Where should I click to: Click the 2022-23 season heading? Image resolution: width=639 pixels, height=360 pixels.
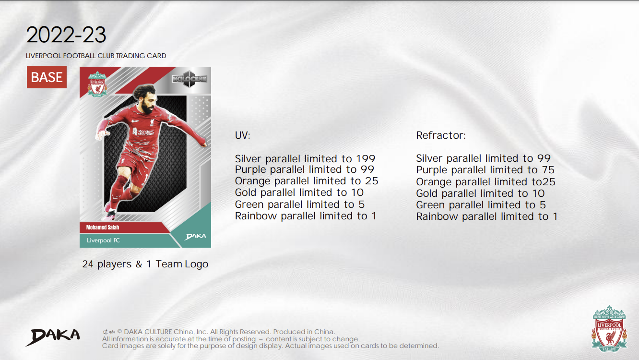pos(66,35)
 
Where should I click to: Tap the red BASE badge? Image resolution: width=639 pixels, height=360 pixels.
pos(47,77)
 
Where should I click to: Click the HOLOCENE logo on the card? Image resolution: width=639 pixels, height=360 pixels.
pos(189,79)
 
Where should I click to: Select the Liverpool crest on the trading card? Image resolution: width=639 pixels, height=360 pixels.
pos(97,84)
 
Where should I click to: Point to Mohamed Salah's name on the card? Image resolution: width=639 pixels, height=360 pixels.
pos(103,228)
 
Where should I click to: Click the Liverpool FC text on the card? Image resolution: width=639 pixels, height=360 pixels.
pos(103,240)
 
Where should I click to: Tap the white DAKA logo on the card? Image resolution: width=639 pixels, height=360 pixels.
pos(195,237)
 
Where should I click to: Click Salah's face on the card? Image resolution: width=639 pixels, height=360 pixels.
pos(148,103)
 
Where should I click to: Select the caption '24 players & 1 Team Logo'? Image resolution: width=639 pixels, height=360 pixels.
pos(145,264)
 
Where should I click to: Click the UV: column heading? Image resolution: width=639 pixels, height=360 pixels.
pos(242,135)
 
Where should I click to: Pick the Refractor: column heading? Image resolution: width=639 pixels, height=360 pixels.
pos(441,135)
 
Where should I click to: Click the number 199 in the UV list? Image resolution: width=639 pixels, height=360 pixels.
pos(366,159)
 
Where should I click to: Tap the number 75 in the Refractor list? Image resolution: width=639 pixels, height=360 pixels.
pos(548,170)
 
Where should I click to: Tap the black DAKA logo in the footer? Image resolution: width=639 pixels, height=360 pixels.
pos(53,337)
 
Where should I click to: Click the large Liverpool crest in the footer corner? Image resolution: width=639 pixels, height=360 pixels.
pos(609,329)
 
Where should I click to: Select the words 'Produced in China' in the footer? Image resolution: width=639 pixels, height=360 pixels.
pos(304,332)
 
